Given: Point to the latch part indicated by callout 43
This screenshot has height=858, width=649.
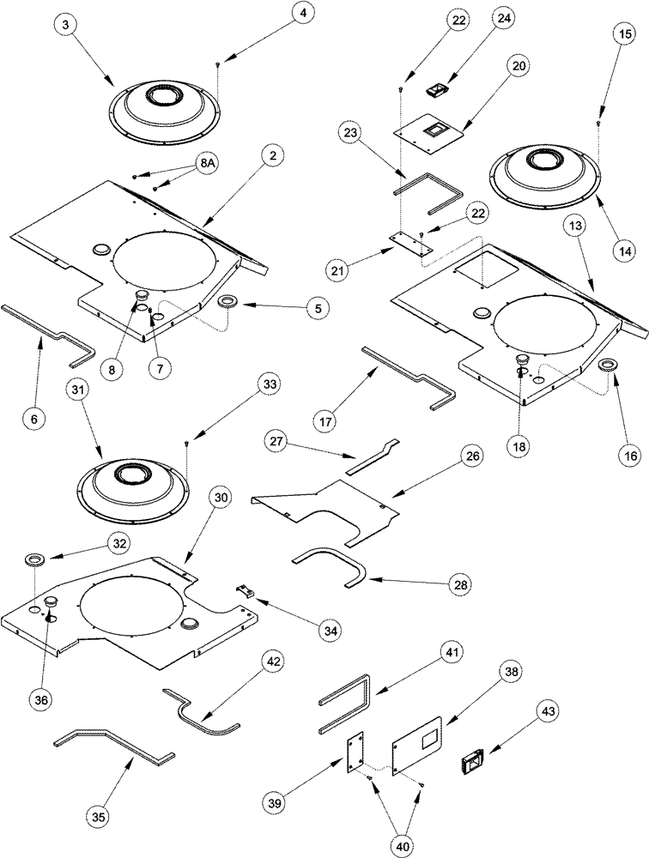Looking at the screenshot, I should pyautogui.click(x=472, y=758).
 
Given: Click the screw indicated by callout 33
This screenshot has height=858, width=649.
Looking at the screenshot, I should pyautogui.click(x=186, y=444).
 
